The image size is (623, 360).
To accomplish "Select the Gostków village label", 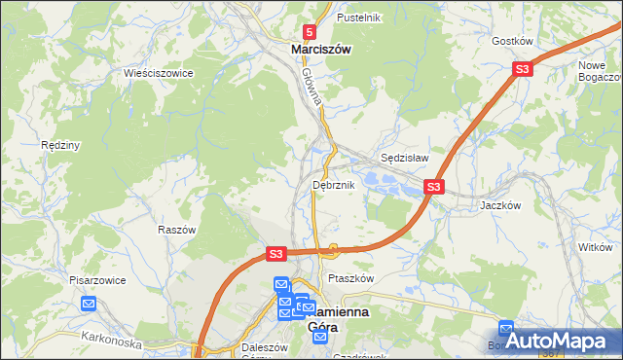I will [x=512, y=41].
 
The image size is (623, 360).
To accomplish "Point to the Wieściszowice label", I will [x=159, y=73].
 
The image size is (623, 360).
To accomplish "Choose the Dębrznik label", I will [x=334, y=184].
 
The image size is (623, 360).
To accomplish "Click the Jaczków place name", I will [x=501, y=205].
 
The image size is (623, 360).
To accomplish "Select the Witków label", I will [x=594, y=248].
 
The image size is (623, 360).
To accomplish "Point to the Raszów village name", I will [x=177, y=230].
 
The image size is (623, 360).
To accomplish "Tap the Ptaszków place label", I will [x=351, y=278].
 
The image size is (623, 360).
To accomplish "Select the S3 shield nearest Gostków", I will [x=523, y=69].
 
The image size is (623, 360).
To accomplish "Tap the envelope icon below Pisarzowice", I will [x=90, y=304].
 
